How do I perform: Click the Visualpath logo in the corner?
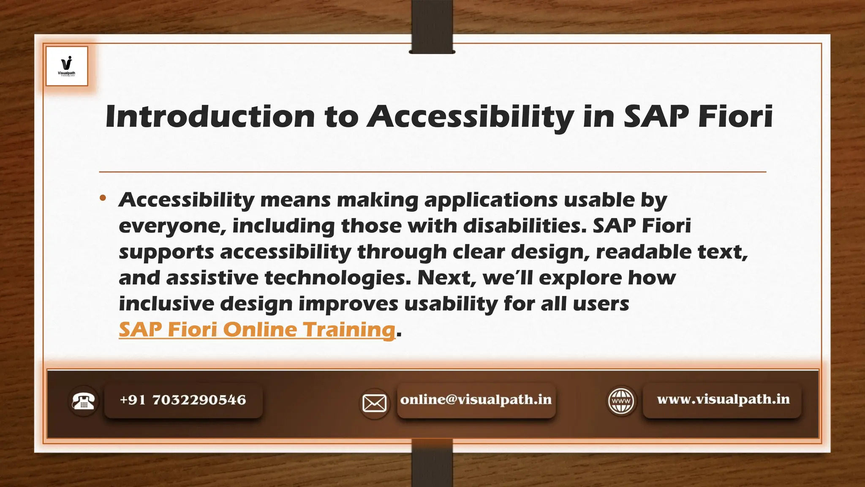point(67,66)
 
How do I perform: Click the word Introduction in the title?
point(210,116)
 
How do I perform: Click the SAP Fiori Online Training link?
point(257,330)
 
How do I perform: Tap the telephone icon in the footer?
point(83,401)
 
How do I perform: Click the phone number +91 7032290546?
point(183,400)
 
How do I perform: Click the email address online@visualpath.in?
point(476,400)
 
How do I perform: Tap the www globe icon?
point(621,401)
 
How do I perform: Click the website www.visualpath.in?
point(723,399)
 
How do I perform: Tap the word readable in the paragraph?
point(644,252)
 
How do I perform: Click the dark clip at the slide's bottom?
point(432,463)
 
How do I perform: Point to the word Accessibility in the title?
point(470,116)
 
